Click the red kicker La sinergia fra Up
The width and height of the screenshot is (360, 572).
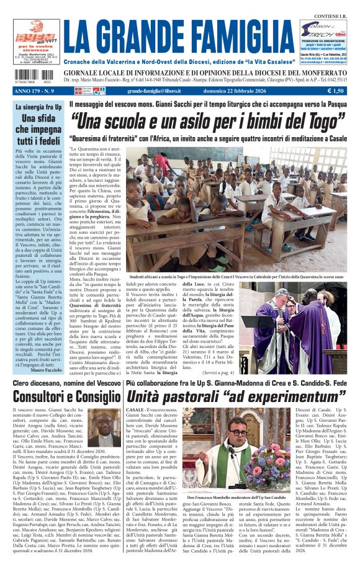click(x=37, y=107)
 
